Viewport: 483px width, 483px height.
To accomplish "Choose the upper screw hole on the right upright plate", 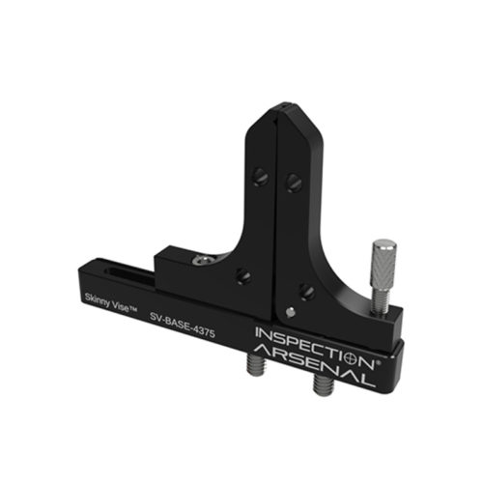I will point(294,183).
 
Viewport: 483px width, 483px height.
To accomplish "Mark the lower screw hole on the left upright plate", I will point(243,277).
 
